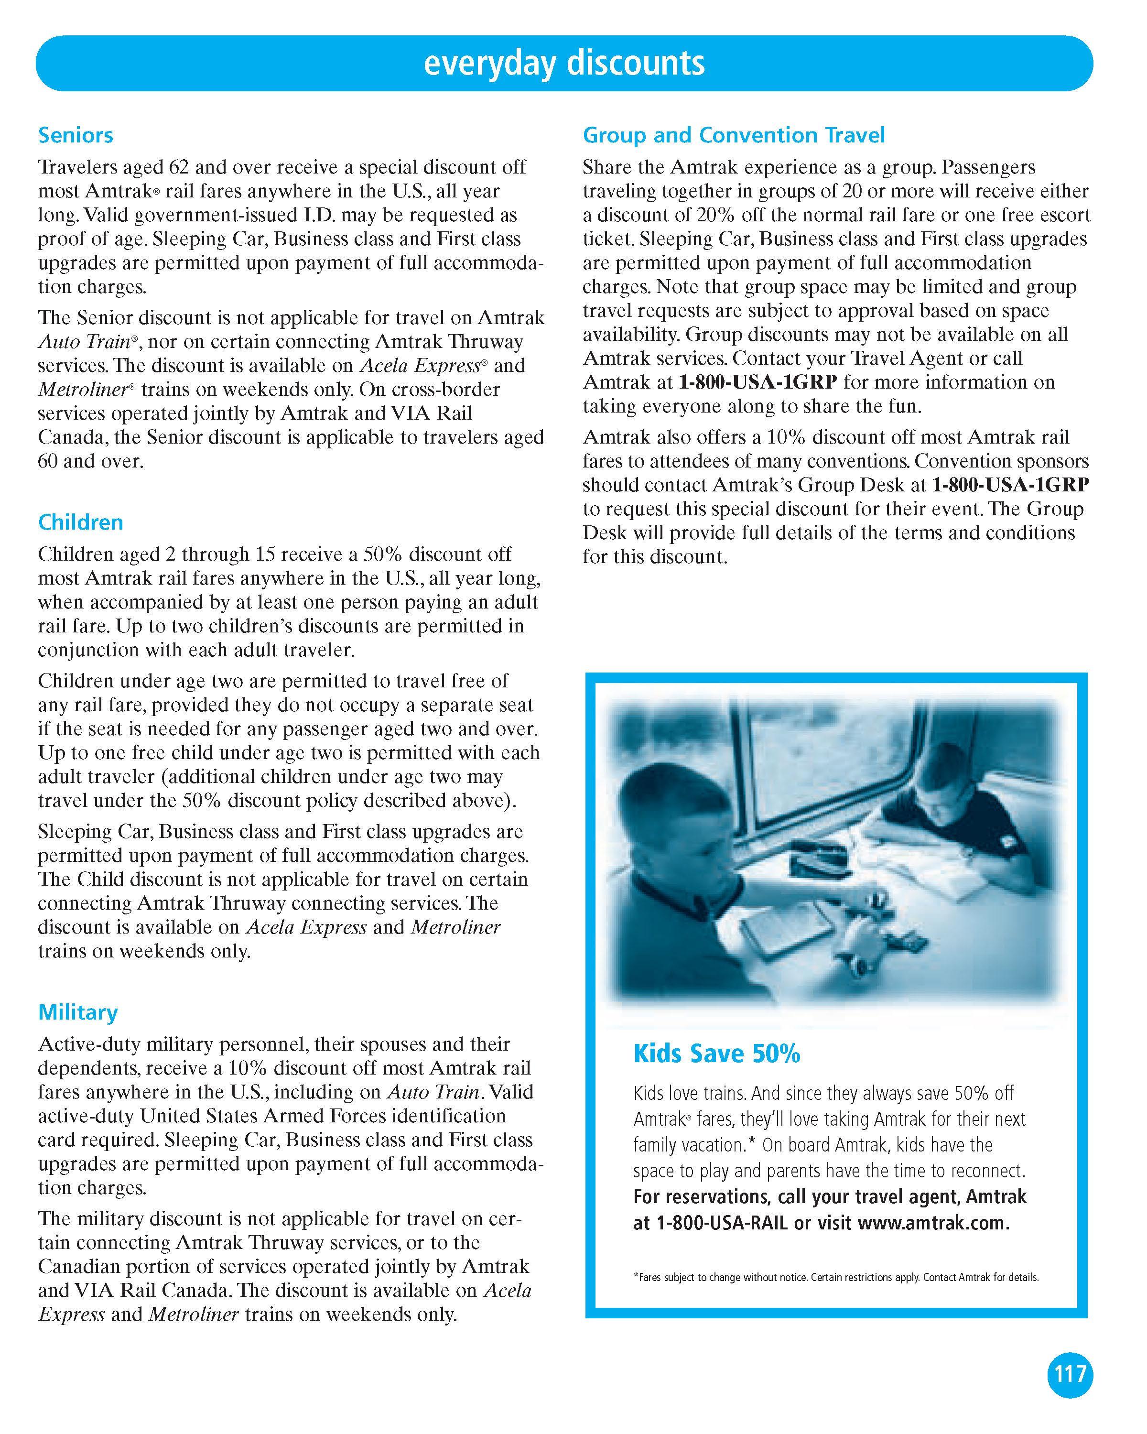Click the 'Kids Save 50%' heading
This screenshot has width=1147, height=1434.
pos(716,1054)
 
